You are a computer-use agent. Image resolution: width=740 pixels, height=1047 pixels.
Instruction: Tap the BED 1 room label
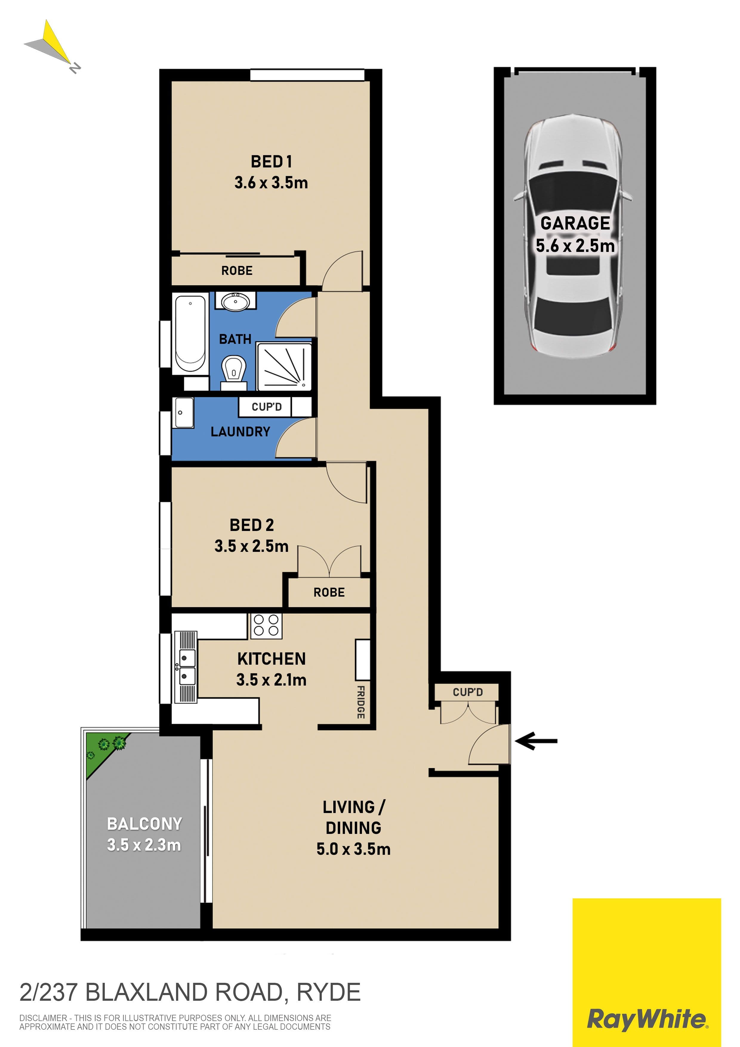click(x=271, y=161)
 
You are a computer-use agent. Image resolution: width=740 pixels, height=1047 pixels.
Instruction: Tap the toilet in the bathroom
click(x=234, y=372)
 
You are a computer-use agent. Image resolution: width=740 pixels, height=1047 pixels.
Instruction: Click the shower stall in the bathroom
click(x=284, y=367)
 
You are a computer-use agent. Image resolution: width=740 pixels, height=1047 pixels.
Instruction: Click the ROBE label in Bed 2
click(x=329, y=592)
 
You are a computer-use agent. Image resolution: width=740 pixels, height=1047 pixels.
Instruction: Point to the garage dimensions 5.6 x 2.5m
click(x=575, y=246)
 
